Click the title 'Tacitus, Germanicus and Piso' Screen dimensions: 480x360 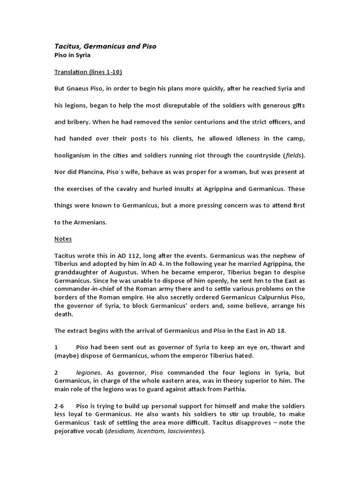[105, 46]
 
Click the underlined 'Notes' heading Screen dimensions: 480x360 [63, 239]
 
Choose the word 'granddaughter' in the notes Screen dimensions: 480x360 [76, 272]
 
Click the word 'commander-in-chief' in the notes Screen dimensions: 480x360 [82, 289]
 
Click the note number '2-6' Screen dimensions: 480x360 [60, 406]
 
